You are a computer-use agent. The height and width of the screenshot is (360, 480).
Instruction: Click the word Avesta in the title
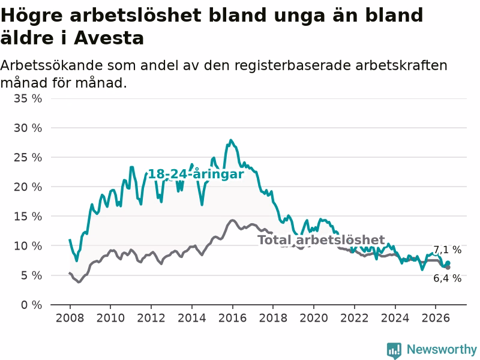(x=109, y=38)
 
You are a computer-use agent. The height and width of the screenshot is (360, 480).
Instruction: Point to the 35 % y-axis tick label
(x=28, y=98)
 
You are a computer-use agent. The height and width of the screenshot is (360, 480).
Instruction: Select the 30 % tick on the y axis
(x=28, y=128)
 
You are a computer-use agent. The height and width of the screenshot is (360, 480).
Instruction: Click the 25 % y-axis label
(x=28, y=158)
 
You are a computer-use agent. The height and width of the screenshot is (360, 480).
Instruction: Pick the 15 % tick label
(x=28, y=217)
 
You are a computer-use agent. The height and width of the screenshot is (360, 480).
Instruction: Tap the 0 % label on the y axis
(x=31, y=305)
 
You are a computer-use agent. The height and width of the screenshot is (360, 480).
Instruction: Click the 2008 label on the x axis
(x=70, y=318)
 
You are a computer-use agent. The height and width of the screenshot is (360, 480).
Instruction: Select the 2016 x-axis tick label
(x=232, y=318)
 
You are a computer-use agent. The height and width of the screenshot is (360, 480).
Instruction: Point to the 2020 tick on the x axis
(x=314, y=318)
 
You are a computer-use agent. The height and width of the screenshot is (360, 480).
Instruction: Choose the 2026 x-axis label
(x=436, y=318)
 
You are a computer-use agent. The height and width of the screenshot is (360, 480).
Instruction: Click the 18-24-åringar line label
(x=196, y=174)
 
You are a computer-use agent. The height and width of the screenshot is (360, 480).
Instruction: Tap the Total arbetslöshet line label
(x=321, y=239)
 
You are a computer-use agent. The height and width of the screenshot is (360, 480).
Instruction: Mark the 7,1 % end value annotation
(x=448, y=250)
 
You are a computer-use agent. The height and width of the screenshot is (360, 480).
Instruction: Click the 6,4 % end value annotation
(x=448, y=278)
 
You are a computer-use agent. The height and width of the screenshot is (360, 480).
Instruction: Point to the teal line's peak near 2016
(x=231, y=140)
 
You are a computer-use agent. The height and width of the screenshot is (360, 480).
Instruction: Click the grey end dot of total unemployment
(x=448, y=268)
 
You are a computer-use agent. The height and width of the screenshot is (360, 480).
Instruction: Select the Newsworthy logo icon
(x=394, y=350)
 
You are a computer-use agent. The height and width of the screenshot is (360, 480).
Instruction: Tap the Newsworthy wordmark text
(x=442, y=349)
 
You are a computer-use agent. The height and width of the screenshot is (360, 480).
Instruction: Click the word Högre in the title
(x=32, y=16)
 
